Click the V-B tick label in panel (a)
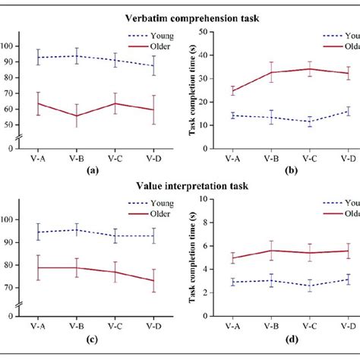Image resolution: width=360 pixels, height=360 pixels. [x=75, y=159]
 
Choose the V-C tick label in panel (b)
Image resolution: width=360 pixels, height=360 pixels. [x=309, y=159]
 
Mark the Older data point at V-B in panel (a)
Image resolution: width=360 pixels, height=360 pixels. [x=75, y=116]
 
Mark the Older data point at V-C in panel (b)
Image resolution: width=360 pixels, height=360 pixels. [x=309, y=69]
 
